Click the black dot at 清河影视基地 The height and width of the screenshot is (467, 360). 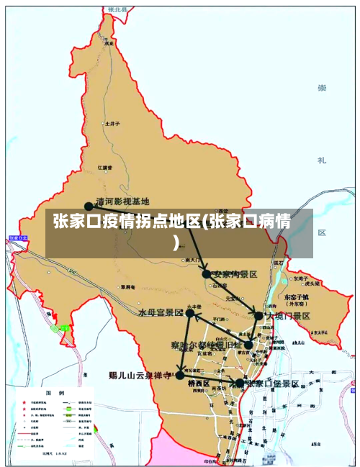coord(89,206)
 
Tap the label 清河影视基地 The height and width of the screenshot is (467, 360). coord(122,202)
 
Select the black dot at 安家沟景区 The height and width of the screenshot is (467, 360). coord(207,273)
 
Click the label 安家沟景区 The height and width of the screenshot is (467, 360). coord(235,274)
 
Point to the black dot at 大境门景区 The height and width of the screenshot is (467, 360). coord(259,315)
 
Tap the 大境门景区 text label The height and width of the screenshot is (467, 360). coord(288,316)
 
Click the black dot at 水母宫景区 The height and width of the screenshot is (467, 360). coord(190,313)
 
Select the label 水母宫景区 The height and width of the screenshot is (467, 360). coord(161,313)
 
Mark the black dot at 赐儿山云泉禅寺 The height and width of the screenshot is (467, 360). coord(180,376)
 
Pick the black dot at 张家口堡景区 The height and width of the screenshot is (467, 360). coord(240,384)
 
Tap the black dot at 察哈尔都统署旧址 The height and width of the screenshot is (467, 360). coord(248,345)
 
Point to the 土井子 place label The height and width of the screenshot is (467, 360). coord(112,123)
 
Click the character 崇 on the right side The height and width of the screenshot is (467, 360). coord(322,89)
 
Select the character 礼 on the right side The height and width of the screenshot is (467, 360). coord(322,160)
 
